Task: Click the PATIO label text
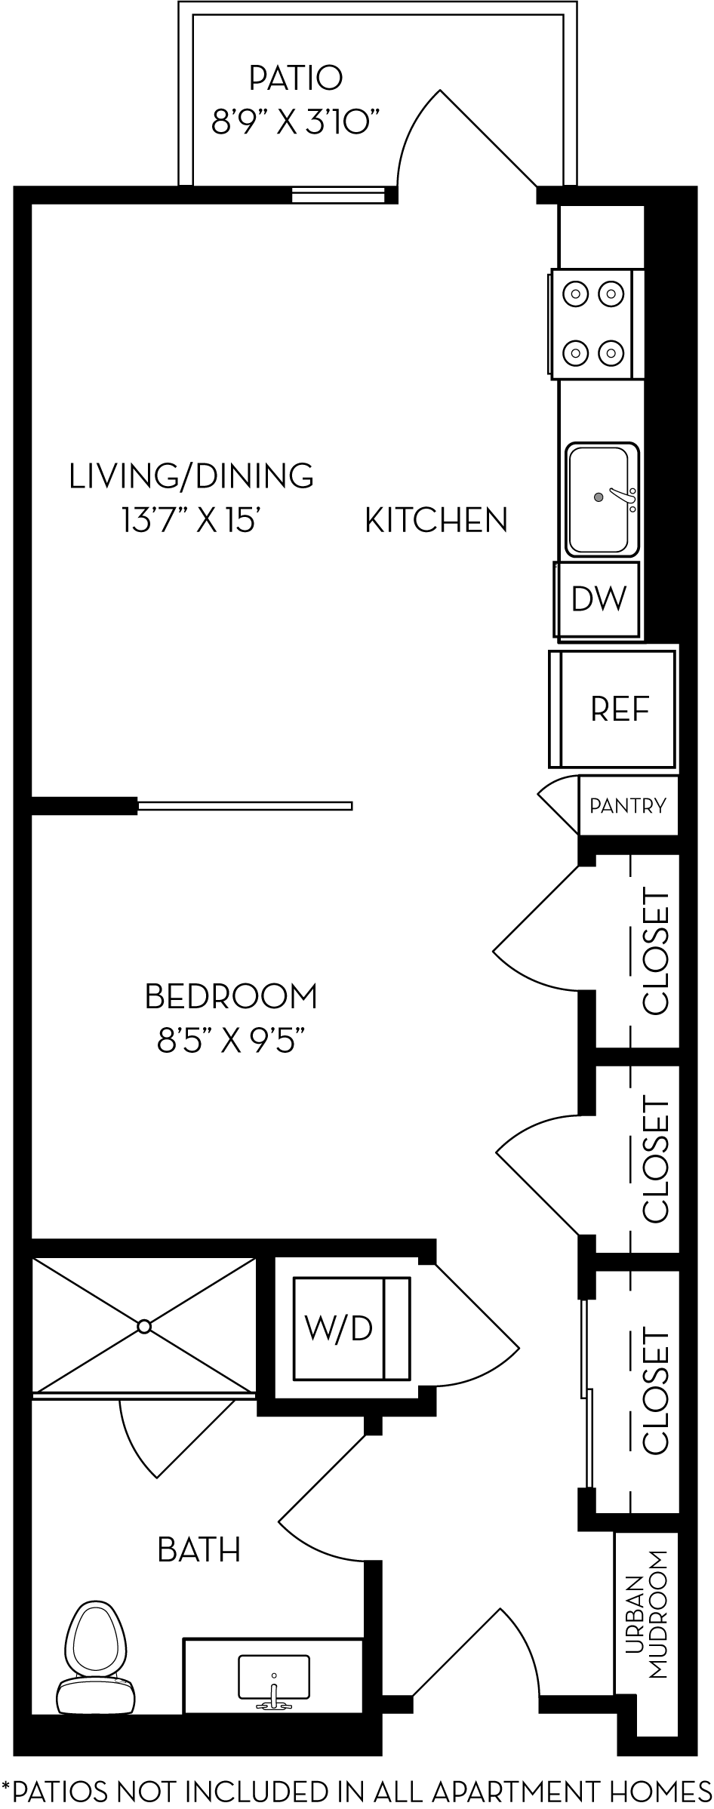coord(296,78)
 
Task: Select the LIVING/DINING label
coord(191,476)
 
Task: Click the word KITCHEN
coord(436,520)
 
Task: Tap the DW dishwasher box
coord(599,599)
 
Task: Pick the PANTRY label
coord(628,806)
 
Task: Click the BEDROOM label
coord(231,996)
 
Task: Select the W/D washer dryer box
coord(340,1328)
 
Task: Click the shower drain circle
coord(144,1326)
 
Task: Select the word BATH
coord(199,1550)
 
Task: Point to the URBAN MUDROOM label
coord(648,1615)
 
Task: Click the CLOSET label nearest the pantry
coord(655,952)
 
